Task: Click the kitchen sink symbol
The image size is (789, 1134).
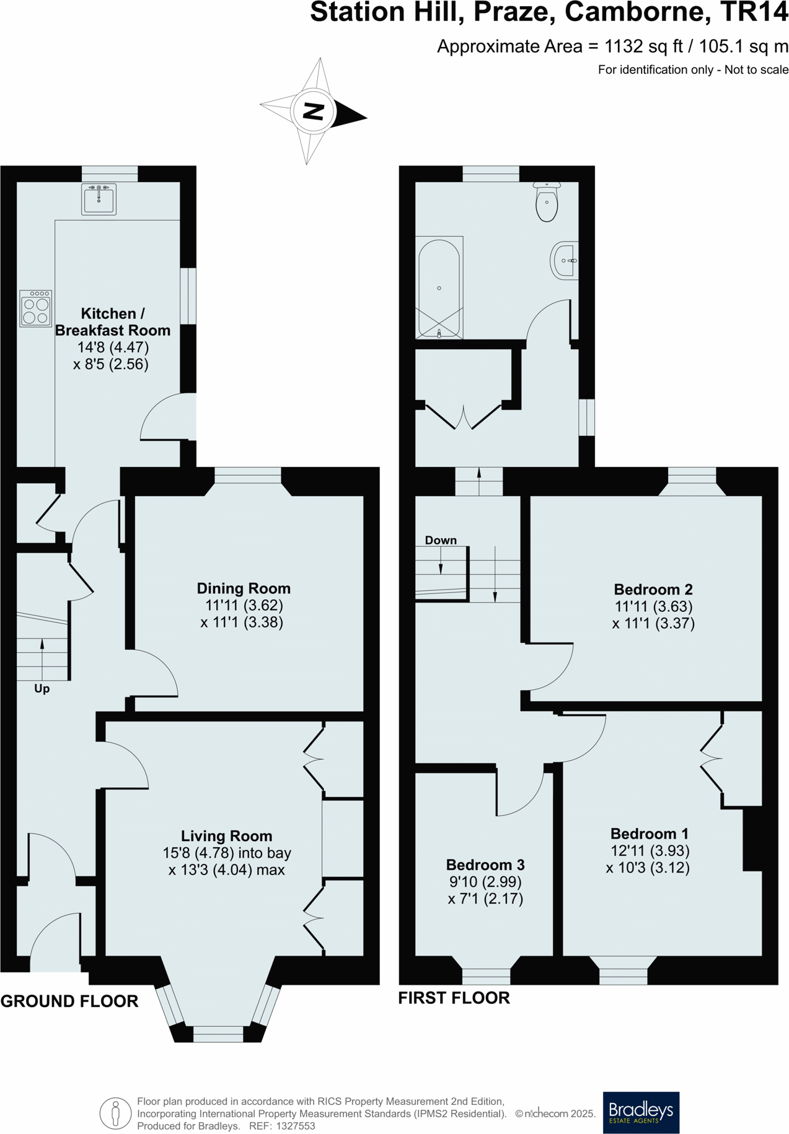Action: [99, 199]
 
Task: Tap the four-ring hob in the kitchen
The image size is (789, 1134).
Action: [35, 308]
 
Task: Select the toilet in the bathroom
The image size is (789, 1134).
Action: [547, 203]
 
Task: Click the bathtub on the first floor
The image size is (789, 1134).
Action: [439, 288]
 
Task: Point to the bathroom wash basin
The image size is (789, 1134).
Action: [564, 261]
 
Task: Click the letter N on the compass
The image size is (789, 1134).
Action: [314, 111]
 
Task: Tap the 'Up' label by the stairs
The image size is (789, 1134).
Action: [42, 689]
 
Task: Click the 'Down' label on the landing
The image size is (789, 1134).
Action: [441, 540]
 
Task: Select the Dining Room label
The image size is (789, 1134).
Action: [244, 588]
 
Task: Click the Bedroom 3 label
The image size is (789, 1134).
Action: [485, 865]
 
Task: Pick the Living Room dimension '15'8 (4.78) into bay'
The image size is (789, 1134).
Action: [227, 853]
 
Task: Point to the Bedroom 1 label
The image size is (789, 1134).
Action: [649, 834]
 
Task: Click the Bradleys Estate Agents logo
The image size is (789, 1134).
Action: [641, 1113]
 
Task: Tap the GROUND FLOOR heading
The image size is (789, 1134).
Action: [69, 1001]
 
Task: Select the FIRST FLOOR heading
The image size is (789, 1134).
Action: [454, 998]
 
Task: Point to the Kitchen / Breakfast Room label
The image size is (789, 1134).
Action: [112, 322]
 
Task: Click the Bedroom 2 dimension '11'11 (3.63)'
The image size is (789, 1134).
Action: [653, 606]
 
